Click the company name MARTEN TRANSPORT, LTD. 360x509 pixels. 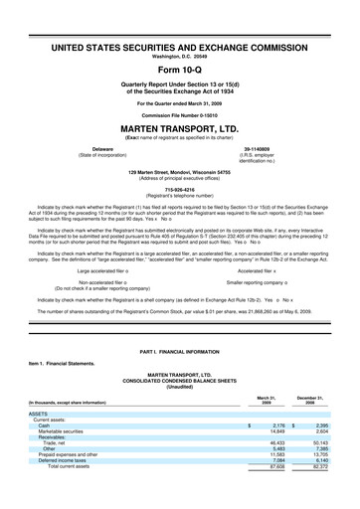pos(180,128)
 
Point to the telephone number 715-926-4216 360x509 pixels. pos(180,189)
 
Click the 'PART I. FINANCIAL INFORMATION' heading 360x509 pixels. pos(180,354)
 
